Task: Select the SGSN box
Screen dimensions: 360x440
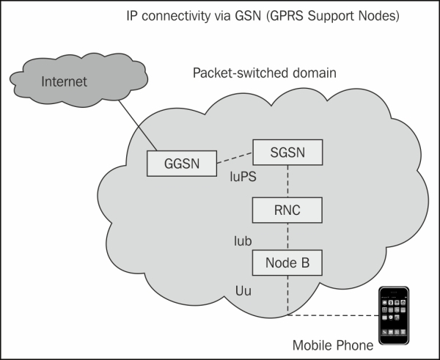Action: coord(287,152)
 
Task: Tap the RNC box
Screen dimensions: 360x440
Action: coord(287,211)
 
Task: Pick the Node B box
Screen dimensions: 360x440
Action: coord(287,261)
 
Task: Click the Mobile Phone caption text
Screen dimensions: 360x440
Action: coord(332,345)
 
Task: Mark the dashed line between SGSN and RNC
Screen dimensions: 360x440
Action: coord(287,181)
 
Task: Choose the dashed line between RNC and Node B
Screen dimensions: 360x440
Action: coord(287,236)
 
